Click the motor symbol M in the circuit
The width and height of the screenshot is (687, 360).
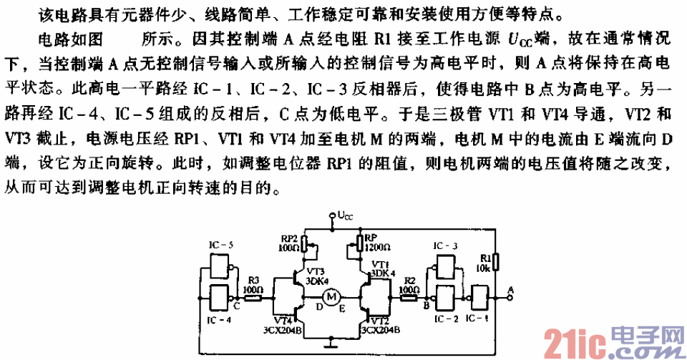(x=331, y=296)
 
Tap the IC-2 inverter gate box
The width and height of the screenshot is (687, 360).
(x=444, y=296)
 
